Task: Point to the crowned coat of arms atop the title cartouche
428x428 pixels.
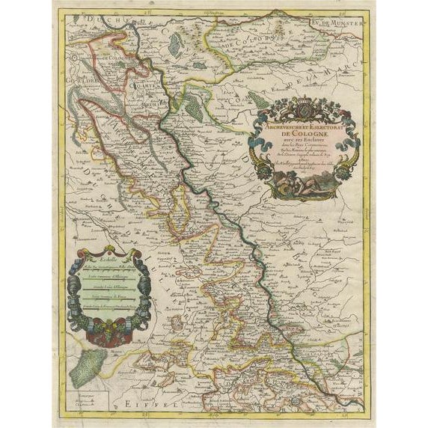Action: (x=306, y=106)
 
